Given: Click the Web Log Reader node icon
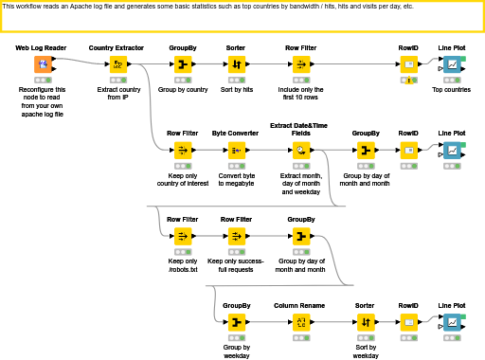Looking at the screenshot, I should [x=43, y=64].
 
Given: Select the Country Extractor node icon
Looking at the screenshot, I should [x=118, y=64].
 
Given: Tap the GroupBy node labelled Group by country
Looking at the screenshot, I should [x=182, y=64].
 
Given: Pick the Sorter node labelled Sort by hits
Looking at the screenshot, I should [x=237, y=64].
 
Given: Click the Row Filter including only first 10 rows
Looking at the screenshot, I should [x=300, y=64].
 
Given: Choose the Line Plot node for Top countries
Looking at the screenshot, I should [x=453, y=64].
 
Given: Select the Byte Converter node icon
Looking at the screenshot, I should [x=236, y=151].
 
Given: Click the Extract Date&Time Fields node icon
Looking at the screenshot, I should [x=299, y=151].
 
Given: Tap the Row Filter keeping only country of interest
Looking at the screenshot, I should [x=182, y=151].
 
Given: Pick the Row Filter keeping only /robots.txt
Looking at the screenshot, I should [x=182, y=236].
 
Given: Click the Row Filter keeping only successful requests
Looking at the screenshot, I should [x=236, y=236].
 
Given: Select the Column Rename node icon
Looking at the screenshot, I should [x=299, y=323].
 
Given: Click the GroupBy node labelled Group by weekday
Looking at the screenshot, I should [x=236, y=323].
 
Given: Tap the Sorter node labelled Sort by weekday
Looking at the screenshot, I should [x=365, y=323].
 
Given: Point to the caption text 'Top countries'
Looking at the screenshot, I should [x=451, y=90].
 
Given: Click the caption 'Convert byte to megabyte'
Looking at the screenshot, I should [x=236, y=180].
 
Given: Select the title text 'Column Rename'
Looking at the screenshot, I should [x=299, y=306].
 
